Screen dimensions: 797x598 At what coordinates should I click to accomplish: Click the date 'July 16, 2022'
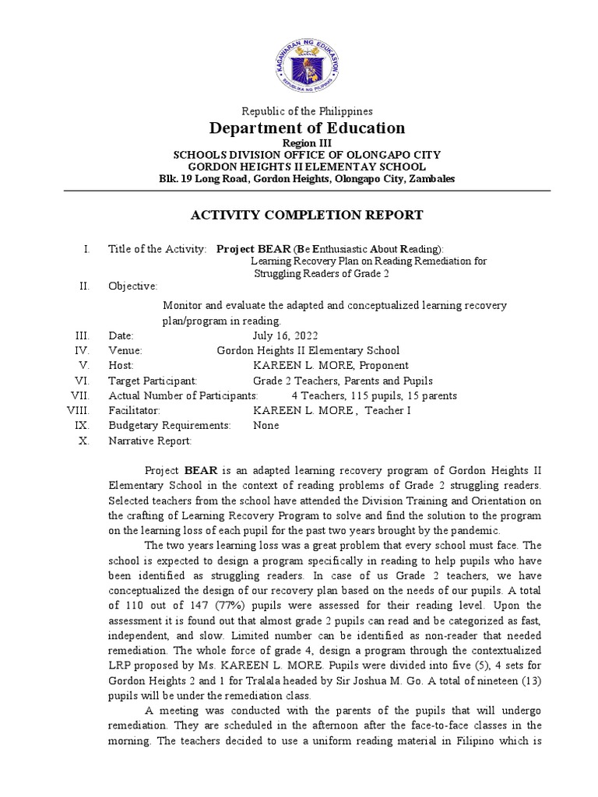tap(286, 335)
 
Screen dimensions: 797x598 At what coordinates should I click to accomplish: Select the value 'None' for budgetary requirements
tap(266, 426)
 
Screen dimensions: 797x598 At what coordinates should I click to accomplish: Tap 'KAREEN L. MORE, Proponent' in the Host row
tap(330, 366)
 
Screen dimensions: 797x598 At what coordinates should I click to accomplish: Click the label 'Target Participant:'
tap(153, 381)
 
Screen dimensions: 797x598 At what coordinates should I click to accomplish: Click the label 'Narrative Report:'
tap(149, 441)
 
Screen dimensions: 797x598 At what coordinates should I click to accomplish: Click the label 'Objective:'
tap(132, 286)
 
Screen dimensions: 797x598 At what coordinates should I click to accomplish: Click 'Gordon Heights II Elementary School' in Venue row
tap(308, 351)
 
